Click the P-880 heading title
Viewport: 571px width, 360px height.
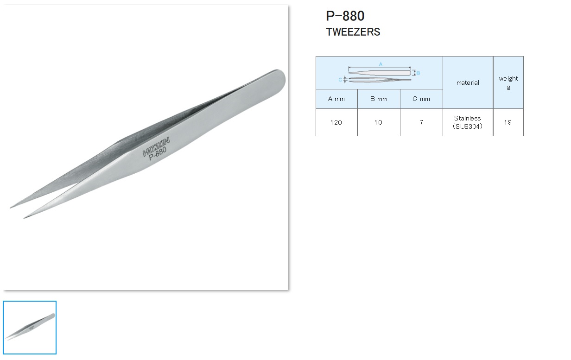tap(345, 16)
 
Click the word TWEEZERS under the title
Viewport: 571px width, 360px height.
tap(353, 32)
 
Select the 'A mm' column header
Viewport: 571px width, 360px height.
tap(336, 99)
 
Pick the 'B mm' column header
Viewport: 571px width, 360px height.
tap(379, 99)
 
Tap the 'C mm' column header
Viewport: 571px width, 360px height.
tap(421, 99)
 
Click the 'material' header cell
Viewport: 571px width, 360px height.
tap(468, 82)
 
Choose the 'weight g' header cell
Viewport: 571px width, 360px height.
tap(508, 82)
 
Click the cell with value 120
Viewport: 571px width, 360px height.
tap(336, 122)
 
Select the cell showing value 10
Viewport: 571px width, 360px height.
tap(379, 122)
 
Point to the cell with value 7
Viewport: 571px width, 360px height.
tap(421, 122)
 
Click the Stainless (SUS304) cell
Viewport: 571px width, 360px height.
tap(468, 122)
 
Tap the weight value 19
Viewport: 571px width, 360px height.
tap(508, 122)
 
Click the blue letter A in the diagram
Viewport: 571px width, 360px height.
tap(381, 64)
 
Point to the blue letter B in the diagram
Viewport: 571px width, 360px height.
tap(418, 73)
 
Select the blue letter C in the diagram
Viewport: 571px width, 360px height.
tap(340, 80)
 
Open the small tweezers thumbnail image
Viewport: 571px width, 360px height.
tap(30, 328)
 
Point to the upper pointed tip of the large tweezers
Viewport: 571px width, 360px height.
tap(12, 207)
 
